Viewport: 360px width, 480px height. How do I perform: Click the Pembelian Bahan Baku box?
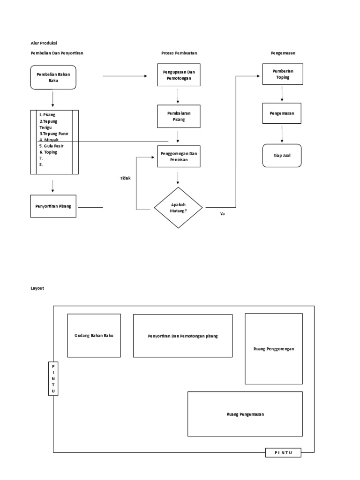[x=53, y=77]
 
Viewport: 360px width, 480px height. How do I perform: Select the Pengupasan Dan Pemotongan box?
[x=178, y=75]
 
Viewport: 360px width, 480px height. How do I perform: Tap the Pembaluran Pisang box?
[x=178, y=116]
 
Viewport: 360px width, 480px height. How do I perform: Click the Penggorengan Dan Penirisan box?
[x=178, y=156]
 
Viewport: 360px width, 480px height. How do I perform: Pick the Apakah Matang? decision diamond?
[x=178, y=208]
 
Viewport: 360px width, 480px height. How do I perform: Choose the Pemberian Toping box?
[x=282, y=74]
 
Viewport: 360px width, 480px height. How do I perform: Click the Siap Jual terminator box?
[x=282, y=156]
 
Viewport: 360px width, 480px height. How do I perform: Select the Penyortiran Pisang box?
[x=53, y=206]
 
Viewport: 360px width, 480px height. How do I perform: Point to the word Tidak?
[x=125, y=178]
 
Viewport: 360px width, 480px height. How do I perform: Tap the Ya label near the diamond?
[x=222, y=214]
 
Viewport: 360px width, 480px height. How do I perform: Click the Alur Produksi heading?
[x=44, y=43]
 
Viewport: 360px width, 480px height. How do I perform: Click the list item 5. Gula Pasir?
[x=52, y=146]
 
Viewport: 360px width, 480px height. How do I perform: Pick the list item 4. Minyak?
[x=48, y=140]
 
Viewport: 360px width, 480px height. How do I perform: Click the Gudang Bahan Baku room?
[x=94, y=336]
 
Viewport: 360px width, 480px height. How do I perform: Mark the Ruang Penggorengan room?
[x=274, y=349]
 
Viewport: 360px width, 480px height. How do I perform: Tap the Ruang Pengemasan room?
[x=245, y=414]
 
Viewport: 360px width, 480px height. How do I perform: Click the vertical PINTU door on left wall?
[x=53, y=378]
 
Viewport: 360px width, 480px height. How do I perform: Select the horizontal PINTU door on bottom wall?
[x=283, y=452]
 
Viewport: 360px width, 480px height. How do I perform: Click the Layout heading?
[x=37, y=288]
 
